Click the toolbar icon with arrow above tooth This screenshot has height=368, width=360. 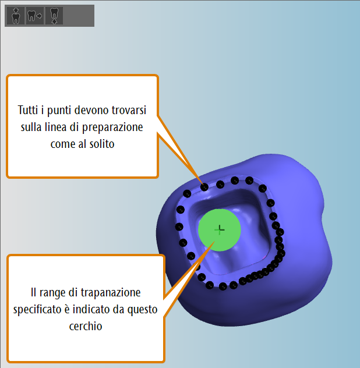[x=16, y=16]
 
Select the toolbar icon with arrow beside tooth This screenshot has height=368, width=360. [x=35, y=16]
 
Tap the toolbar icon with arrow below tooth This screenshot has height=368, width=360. [x=54, y=16]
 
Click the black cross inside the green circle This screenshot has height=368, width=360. [x=220, y=230]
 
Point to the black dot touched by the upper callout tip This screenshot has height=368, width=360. [x=204, y=187]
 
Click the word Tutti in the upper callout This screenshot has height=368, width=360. [x=28, y=110]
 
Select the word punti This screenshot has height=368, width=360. [x=59, y=111]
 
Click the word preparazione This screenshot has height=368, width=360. [x=112, y=128]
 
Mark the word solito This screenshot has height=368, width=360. [x=102, y=144]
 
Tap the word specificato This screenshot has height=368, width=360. [x=37, y=310]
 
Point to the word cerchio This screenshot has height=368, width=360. [x=86, y=326]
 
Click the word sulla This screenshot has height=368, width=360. [x=31, y=127]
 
